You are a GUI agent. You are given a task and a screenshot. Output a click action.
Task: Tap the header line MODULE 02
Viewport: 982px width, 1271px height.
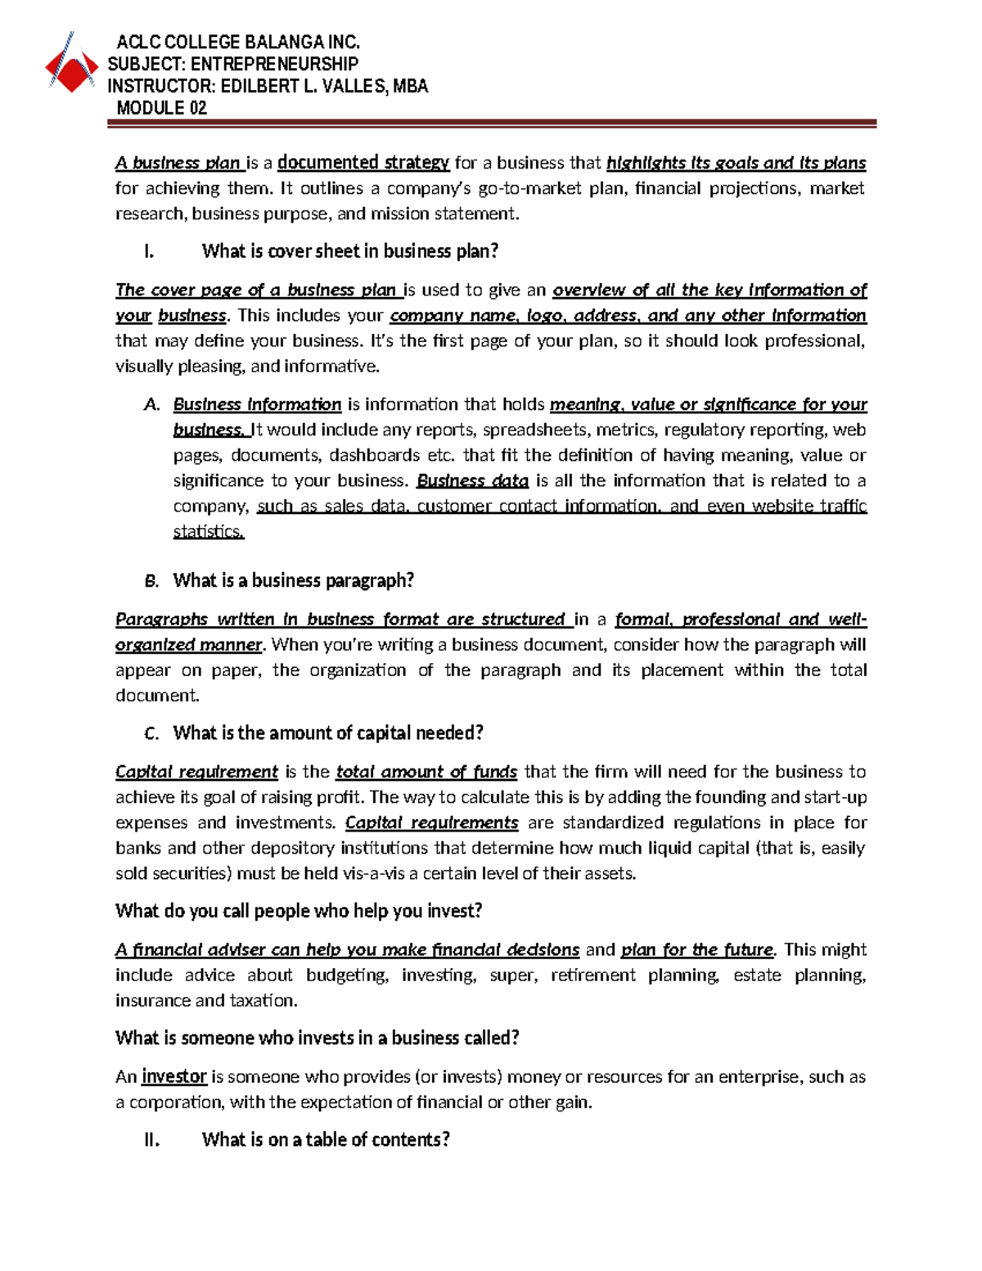[161, 108]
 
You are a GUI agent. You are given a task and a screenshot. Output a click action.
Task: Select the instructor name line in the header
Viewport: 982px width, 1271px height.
[268, 87]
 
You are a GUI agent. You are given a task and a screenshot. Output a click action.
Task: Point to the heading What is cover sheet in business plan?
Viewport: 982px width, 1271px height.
[349, 251]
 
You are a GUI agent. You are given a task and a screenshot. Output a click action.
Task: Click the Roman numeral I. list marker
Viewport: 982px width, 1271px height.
[149, 251]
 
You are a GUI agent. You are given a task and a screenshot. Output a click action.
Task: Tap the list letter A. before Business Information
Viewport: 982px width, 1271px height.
[151, 404]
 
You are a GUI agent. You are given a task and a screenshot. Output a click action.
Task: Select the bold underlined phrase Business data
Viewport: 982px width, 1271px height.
[472, 480]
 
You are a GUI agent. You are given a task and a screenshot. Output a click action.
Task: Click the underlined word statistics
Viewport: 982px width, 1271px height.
[209, 532]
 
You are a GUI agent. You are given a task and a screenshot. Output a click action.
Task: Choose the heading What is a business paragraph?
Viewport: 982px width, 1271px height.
[293, 581]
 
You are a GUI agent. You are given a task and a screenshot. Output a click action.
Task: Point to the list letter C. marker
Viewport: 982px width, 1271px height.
[151, 733]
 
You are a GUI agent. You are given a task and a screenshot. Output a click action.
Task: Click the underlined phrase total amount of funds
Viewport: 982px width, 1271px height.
[426, 772]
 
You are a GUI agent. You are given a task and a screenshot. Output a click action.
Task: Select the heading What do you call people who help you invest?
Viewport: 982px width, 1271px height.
[299, 911]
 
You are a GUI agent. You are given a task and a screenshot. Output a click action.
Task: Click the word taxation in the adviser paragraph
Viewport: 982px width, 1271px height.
[261, 1000]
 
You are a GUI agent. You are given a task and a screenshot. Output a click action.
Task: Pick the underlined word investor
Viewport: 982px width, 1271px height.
[174, 1076]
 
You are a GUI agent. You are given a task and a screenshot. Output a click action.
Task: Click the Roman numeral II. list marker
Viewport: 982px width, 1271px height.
[151, 1140]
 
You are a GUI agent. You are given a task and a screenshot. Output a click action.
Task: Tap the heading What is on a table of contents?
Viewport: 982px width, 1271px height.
[326, 1140]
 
